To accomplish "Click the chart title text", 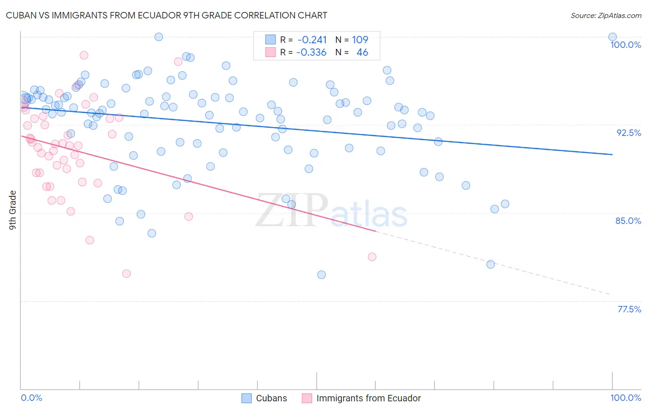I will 166,15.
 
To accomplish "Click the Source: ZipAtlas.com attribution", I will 606,15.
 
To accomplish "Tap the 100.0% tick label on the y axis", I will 625,45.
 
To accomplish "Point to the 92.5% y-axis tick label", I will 629,133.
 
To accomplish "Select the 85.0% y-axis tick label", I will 628,221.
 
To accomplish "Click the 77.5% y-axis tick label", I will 629,309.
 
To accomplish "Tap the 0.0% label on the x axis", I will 31,398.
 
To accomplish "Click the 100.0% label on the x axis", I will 625,398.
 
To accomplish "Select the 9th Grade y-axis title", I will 13,210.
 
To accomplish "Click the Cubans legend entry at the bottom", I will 271,398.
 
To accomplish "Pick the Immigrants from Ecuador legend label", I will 368,398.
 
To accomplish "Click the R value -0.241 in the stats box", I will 312,40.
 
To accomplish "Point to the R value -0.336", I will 311,53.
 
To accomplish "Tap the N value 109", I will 360,40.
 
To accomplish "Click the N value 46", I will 362,53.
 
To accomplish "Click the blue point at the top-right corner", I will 612,37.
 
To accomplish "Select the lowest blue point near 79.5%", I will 321,275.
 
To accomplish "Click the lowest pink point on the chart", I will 127,274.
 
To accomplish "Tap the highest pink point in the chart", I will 84,55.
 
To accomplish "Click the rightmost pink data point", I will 372,257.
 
